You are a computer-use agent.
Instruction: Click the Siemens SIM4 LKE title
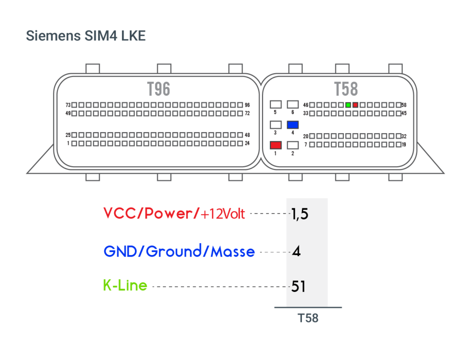[x=86, y=36]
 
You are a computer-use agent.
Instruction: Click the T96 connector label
[x=159, y=89]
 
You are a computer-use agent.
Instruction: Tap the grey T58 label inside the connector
[x=346, y=89]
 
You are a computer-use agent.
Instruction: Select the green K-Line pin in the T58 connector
[x=348, y=105]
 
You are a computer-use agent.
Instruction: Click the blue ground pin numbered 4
[x=293, y=125]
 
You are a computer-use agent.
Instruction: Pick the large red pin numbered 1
[x=276, y=145]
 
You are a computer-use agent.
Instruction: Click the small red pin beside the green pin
[x=355, y=105]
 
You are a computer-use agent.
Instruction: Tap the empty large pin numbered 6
[x=293, y=104]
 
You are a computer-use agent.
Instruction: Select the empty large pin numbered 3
[x=276, y=125]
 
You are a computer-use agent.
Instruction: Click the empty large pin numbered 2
[x=293, y=145]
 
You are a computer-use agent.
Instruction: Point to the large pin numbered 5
[x=276, y=104]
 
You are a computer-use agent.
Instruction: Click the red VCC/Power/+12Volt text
[x=174, y=213]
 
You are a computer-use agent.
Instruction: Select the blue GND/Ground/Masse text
[x=179, y=251]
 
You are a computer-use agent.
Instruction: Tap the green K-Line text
[x=125, y=285]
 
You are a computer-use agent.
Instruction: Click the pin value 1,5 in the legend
[x=300, y=214]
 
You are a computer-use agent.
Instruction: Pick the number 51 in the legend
[x=298, y=286]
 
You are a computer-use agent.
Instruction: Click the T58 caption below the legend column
[x=308, y=318]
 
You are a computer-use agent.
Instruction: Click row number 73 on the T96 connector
[x=68, y=105]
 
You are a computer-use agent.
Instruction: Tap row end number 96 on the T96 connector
[x=247, y=105]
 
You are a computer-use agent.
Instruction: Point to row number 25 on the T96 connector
[x=68, y=135]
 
